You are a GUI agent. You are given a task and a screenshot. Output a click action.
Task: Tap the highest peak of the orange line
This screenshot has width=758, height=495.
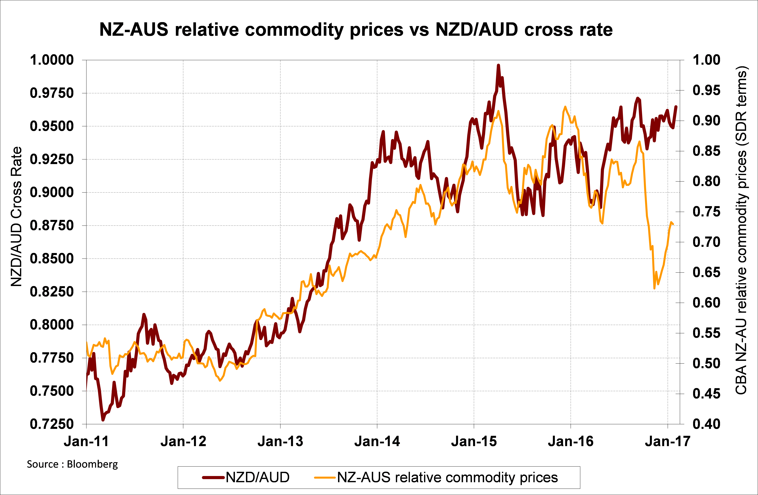coord(565,107)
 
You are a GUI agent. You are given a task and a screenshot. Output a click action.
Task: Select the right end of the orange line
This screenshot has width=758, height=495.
coord(673,224)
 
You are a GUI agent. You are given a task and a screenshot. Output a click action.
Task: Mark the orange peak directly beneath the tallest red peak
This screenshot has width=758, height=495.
coord(498,111)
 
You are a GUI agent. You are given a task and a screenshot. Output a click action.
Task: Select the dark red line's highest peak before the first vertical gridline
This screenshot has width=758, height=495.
coord(144,314)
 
